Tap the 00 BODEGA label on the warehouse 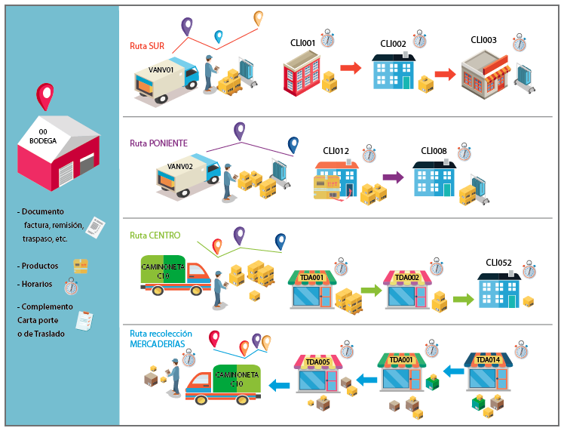(x=43, y=137)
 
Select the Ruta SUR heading (x=147, y=46)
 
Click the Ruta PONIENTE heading (x=158, y=143)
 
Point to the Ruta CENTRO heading (x=155, y=236)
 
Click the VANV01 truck (x=166, y=79)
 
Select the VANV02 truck (x=188, y=174)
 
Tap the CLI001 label (x=302, y=43)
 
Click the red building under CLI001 (x=302, y=73)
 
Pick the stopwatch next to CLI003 (x=520, y=43)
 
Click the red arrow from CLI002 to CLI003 (x=446, y=74)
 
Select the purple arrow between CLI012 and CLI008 (x=393, y=177)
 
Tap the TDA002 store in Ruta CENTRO (x=407, y=290)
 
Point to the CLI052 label (x=498, y=263)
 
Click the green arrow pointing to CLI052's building (x=464, y=299)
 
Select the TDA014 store (x=488, y=371)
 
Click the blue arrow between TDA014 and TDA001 (x=453, y=371)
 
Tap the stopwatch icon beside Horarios (x=71, y=286)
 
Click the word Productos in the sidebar (x=40, y=266)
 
